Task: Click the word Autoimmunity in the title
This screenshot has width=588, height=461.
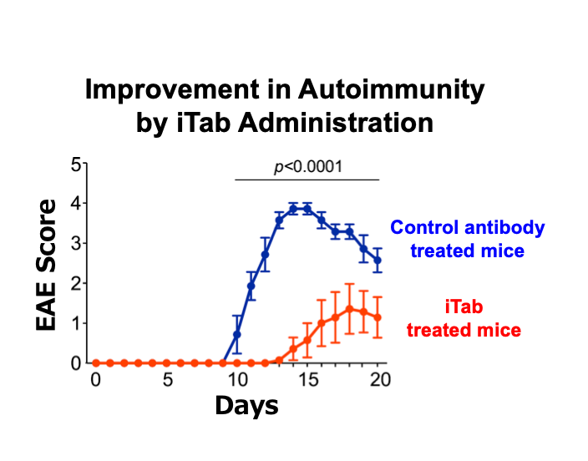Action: pos(390,91)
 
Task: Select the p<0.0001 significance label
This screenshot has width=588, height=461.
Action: pos(308,167)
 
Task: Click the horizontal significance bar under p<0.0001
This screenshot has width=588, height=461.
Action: pos(307,180)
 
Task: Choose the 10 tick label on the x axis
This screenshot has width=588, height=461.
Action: pos(237,380)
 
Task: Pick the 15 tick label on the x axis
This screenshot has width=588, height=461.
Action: pos(307,380)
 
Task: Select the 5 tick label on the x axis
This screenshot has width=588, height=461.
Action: pos(167,380)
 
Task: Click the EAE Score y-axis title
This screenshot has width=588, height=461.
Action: pos(48,264)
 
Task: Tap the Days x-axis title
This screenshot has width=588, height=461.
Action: pos(246,406)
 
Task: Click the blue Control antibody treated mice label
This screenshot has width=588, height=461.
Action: pos(468,238)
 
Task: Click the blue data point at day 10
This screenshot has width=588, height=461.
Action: pos(237,335)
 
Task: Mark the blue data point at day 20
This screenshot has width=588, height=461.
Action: pos(378,261)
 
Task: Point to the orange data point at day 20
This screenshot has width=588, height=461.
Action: pos(378,317)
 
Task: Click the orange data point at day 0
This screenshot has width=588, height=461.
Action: pos(96,363)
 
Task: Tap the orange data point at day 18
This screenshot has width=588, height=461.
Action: pos(350,309)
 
